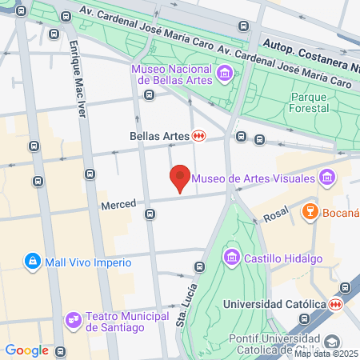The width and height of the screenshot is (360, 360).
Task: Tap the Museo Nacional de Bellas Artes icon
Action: (225, 74)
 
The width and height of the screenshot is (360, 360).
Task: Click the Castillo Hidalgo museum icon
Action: (232, 258)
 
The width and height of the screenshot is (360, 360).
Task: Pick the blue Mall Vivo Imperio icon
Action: (33, 261)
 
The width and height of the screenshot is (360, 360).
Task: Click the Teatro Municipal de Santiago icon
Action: (74, 319)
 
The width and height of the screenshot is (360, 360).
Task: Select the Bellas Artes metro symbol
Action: (199, 136)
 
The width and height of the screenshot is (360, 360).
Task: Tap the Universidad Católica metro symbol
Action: (337, 304)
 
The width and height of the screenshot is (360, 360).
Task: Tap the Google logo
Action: (27, 350)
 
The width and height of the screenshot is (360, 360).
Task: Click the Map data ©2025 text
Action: (326, 354)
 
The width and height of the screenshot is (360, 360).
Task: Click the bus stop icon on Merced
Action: (149, 214)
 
